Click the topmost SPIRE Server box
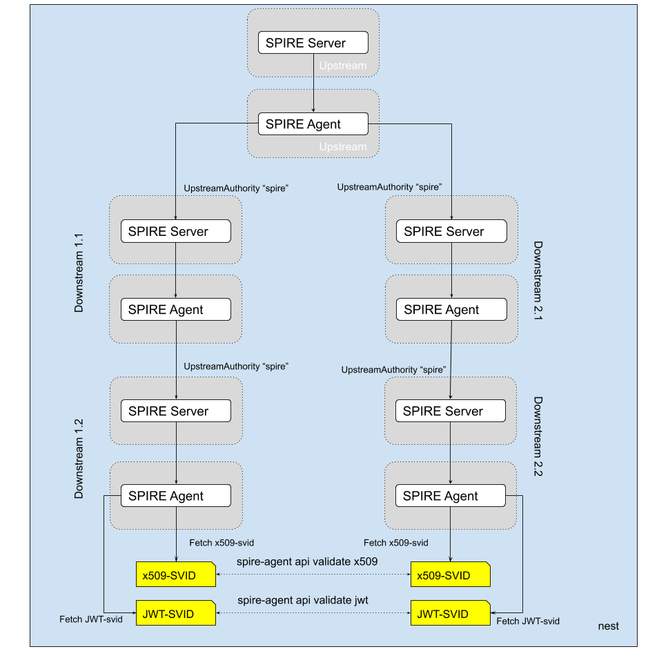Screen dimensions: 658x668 coord(313,43)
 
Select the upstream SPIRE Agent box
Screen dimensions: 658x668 coord(313,124)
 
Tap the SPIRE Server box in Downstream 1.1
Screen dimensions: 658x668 coord(175,231)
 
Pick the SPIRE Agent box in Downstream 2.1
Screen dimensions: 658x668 coord(451,310)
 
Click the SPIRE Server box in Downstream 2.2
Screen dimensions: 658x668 coord(450,411)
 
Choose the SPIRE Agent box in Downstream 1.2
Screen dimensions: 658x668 coord(175,496)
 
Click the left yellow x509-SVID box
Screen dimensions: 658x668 coord(175,575)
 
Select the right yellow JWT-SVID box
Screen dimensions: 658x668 coord(450,614)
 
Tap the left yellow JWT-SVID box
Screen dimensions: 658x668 coord(175,614)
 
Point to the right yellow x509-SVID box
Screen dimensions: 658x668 coord(450,575)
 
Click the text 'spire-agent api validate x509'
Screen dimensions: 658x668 coord(307,561)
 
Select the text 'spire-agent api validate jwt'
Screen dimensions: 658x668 coord(303,600)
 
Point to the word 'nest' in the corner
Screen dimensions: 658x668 coord(608,626)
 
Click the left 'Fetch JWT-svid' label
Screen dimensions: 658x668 coord(91,619)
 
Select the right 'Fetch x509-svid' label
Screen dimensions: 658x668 coord(396,543)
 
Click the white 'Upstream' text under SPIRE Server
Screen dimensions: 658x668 coord(342,66)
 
